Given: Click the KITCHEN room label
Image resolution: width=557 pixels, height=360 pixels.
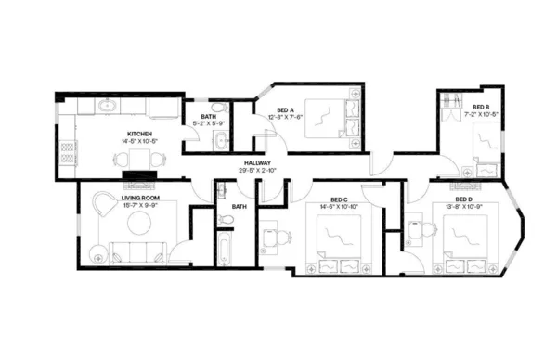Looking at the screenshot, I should pos(140,134).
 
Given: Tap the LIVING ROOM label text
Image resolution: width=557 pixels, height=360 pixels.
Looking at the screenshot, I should pos(141,197).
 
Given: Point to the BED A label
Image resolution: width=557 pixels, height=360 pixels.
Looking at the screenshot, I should pos(286,109).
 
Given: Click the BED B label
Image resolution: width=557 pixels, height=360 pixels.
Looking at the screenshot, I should pos(480,108).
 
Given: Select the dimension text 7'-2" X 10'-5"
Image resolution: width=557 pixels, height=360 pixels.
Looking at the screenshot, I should pos(480,115).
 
